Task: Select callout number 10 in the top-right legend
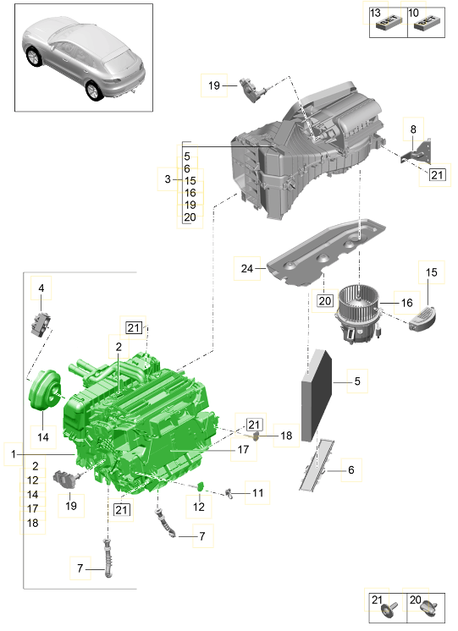click(x=413, y=14)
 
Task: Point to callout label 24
click(x=247, y=269)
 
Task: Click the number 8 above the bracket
click(x=413, y=129)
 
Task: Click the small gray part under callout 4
click(x=41, y=322)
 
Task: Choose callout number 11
click(x=257, y=491)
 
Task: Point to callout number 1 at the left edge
click(x=14, y=454)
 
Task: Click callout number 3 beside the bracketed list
click(x=168, y=178)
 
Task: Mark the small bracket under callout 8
click(x=417, y=156)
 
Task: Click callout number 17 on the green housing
click(x=243, y=451)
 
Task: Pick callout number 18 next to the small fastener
click(x=285, y=436)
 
